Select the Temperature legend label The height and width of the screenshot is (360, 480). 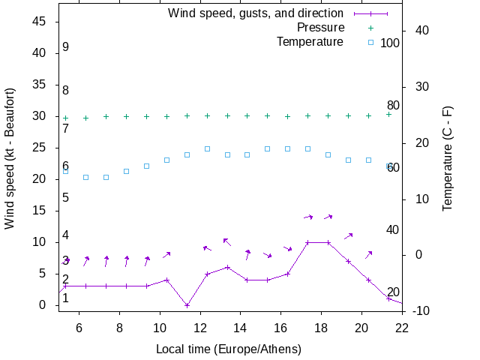[310, 41]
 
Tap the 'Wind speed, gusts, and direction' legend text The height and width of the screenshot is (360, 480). [256, 13]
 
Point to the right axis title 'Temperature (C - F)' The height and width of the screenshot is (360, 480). [448, 158]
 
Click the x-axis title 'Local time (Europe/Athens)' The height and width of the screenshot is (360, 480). [229, 349]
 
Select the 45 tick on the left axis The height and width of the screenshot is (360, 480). [42, 22]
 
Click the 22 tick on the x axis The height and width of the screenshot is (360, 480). [402, 327]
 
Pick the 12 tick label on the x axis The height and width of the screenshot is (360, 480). [200, 327]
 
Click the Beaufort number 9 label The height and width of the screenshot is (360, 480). [66, 47]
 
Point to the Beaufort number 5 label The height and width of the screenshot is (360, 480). [66, 198]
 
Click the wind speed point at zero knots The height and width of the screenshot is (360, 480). [187, 305]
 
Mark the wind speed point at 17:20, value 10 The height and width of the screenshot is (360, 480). [307, 242]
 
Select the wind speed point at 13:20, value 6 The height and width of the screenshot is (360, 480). [227, 267]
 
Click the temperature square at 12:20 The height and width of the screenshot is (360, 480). [207, 148]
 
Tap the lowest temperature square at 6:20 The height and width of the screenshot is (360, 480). [85, 177]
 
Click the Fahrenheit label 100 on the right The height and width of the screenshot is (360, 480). [390, 43]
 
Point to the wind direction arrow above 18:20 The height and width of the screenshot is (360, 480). [328, 217]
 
